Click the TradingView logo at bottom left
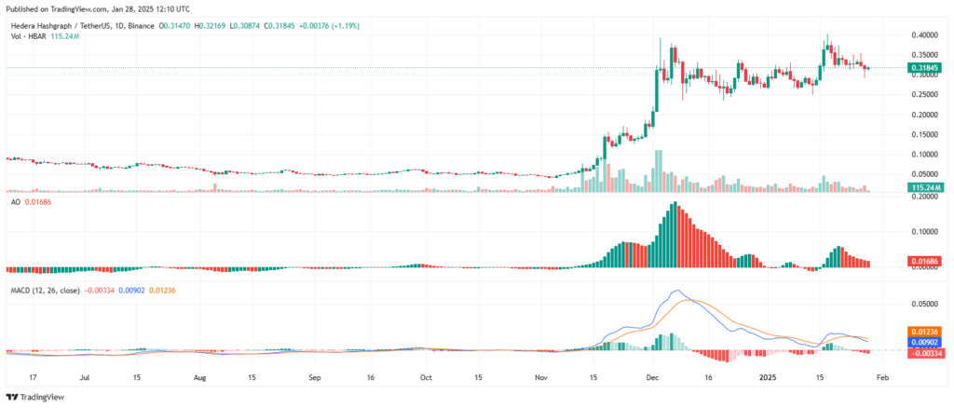[37, 396]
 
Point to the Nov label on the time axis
[540, 378]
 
